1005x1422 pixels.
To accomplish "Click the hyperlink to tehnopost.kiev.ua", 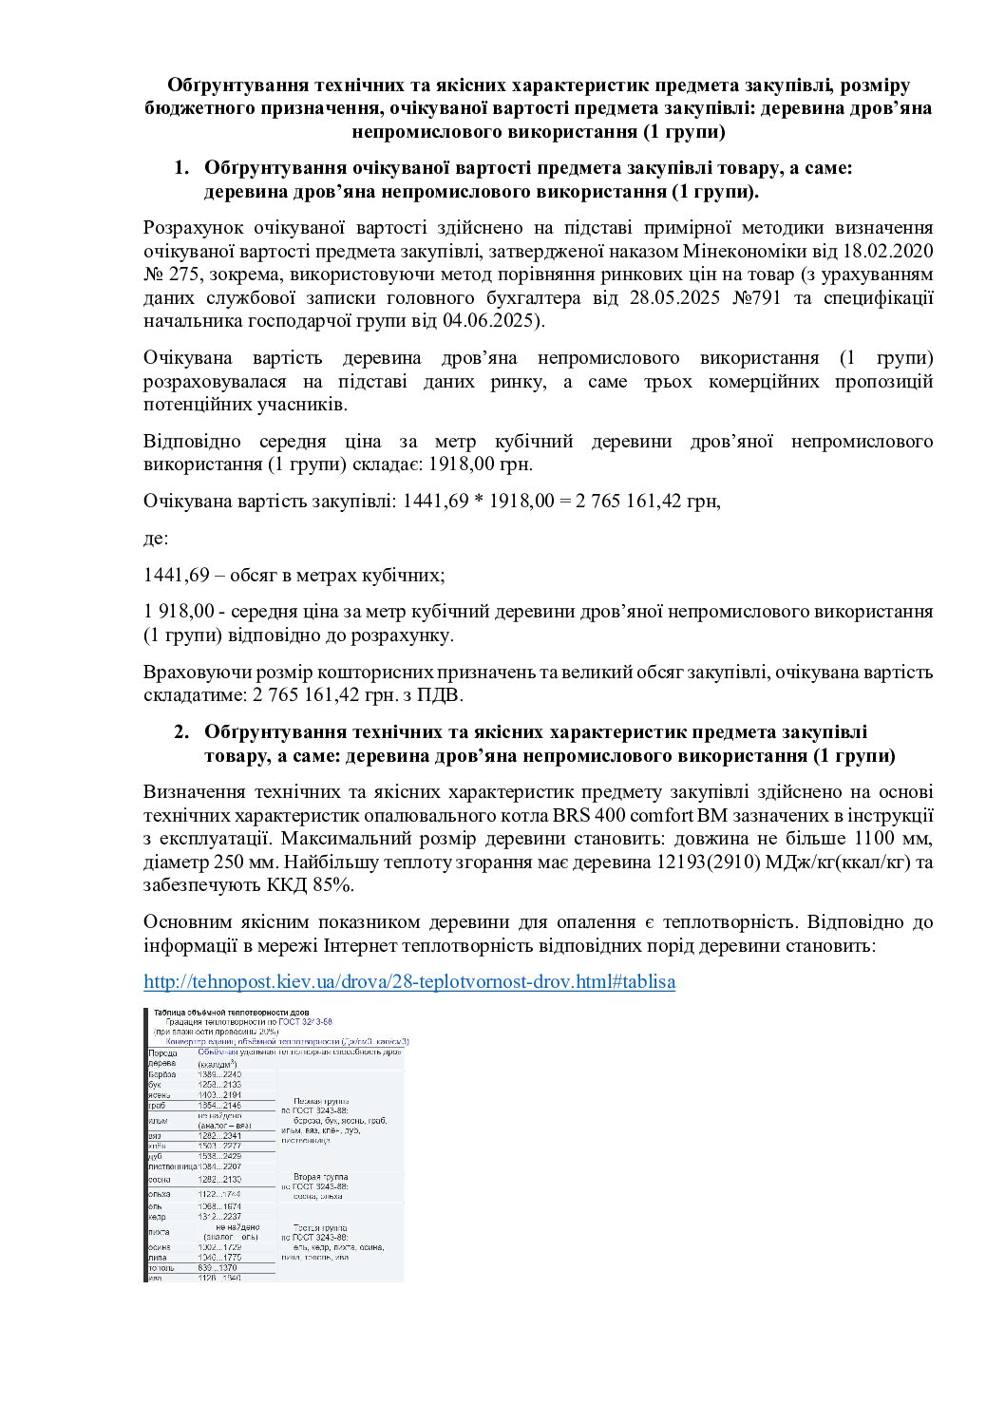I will [x=409, y=981].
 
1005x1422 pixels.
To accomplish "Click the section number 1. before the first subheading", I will [x=180, y=169].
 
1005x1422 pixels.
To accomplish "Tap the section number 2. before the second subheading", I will [x=180, y=732].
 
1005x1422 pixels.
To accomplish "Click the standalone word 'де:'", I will [x=156, y=539].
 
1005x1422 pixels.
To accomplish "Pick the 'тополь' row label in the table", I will [x=161, y=1267].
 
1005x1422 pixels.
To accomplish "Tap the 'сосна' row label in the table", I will [x=160, y=1179].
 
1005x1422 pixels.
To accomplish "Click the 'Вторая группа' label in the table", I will [x=314, y=1177].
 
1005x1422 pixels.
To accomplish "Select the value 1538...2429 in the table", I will [x=219, y=1156].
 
